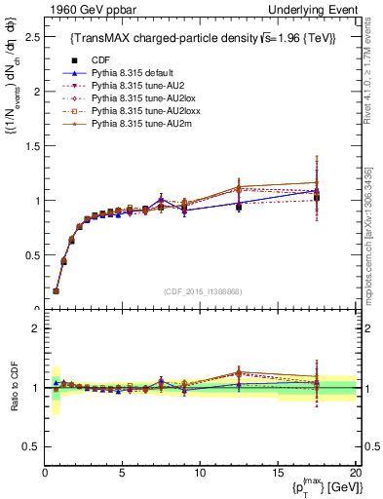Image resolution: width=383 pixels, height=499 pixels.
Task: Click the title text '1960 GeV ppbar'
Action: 85,9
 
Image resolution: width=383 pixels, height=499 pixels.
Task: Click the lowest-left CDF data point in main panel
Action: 56,290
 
